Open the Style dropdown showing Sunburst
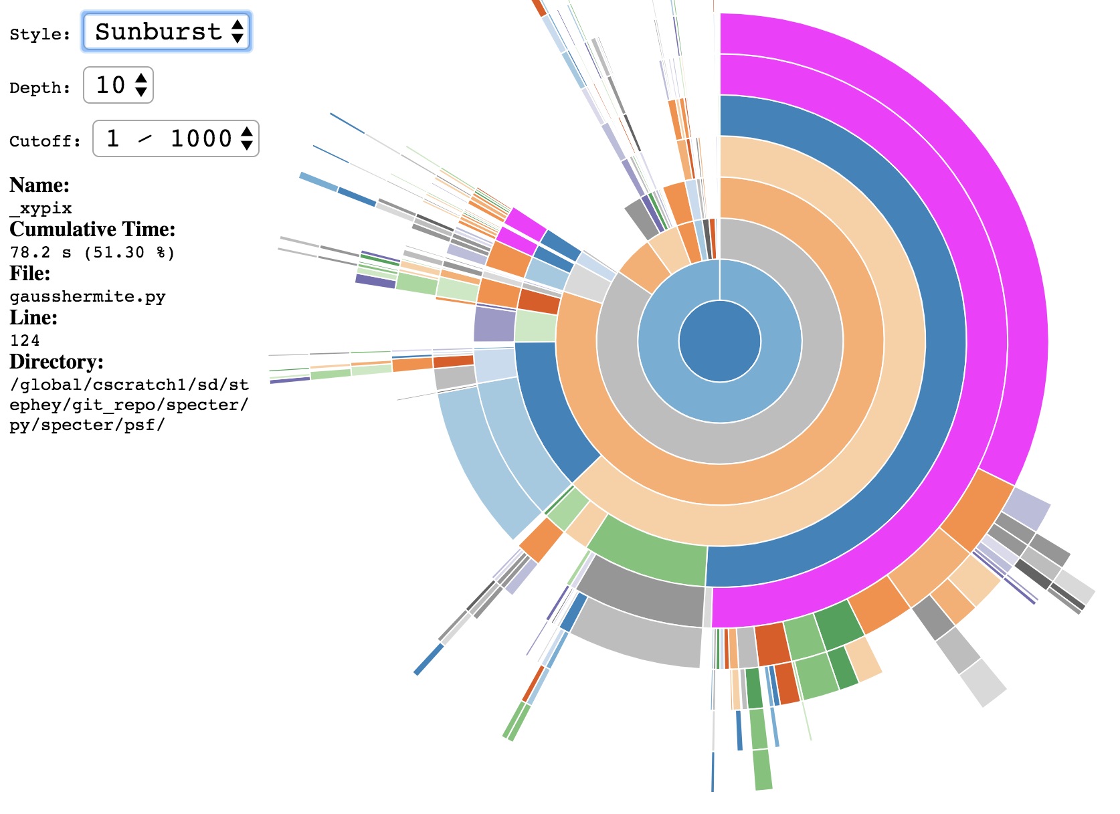pyautogui.click(x=166, y=31)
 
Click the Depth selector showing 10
pyautogui.click(x=118, y=85)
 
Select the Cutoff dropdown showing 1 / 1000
pyautogui.click(x=175, y=138)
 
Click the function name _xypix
pyautogui.click(x=41, y=208)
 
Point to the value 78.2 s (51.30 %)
pyautogui.click(x=92, y=252)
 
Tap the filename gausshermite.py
pyautogui.click(x=88, y=296)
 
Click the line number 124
pyautogui.click(x=25, y=340)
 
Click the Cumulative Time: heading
pyautogui.click(x=92, y=229)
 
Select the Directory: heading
pyautogui.click(x=56, y=362)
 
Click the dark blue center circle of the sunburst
pyautogui.click(x=720, y=341)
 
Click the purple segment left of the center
pyautogui.click(x=494, y=324)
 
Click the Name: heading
pyautogui.click(x=39, y=185)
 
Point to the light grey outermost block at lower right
pyautogui.click(x=983, y=682)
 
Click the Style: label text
pyautogui.click(x=39, y=34)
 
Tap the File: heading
pyautogui.click(x=29, y=274)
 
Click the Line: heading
pyautogui.click(x=33, y=318)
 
